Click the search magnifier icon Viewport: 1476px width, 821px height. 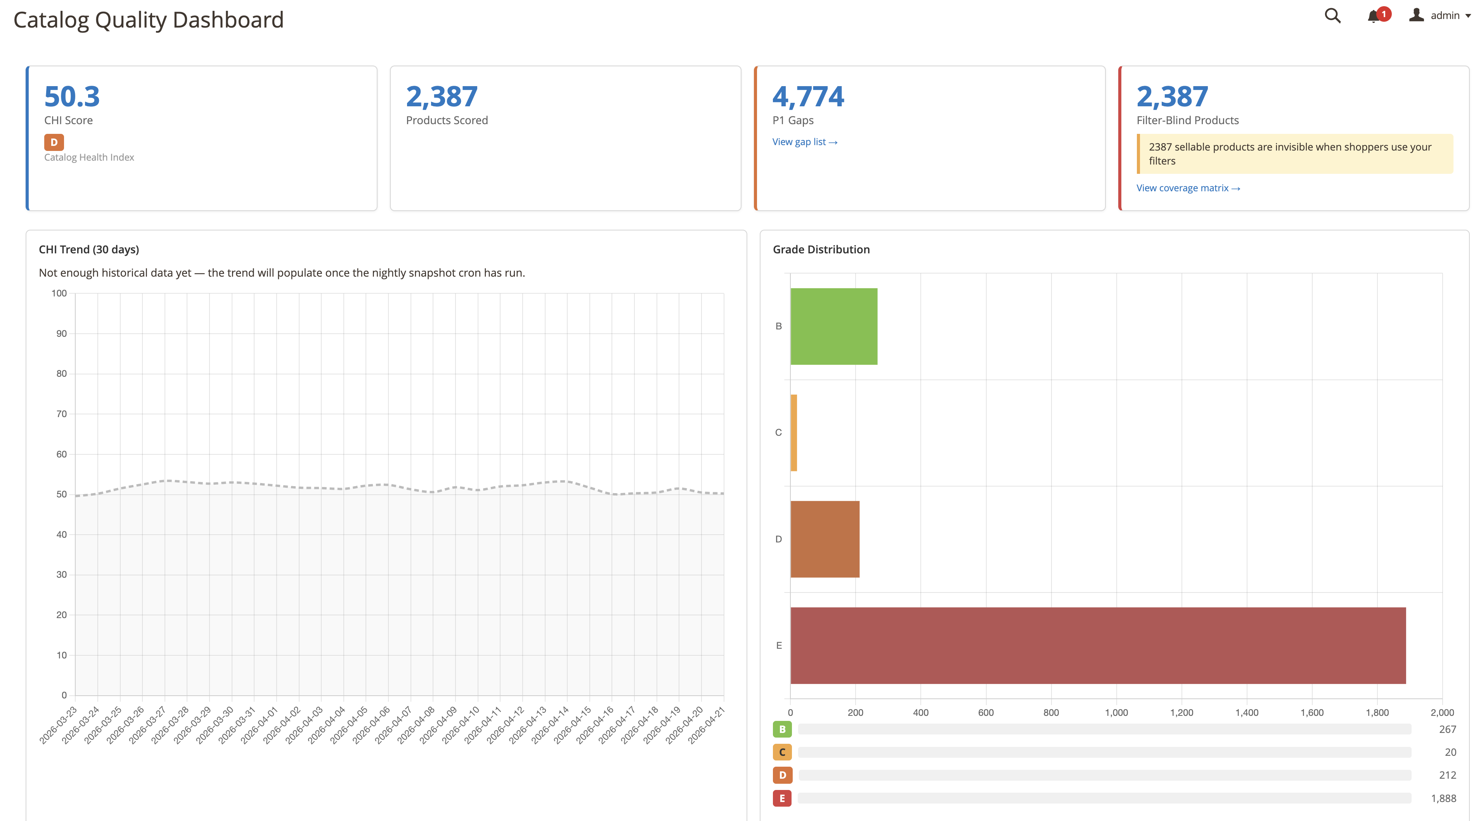pyautogui.click(x=1332, y=16)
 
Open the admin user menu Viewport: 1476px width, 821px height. pyautogui.click(x=1439, y=16)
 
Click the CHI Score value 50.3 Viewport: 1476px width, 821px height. pyautogui.click(x=72, y=96)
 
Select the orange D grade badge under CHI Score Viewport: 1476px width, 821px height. pyautogui.click(x=54, y=142)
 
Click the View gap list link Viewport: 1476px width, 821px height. pyautogui.click(x=804, y=142)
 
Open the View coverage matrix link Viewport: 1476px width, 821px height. pyautogui.click(x=1188, y=188)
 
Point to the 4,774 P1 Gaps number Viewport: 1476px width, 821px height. pyautogui.click(x=808, y=96)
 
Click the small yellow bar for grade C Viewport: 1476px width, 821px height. pyautogui.click(x=793, y=433)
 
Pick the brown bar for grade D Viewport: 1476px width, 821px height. pyautogui.click(x=825, y=539)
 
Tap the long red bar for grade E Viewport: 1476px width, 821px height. pyautogui.click(x=1097, y=645)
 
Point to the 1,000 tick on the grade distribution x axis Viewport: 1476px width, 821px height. pyautogui.click(x=1116, y=713)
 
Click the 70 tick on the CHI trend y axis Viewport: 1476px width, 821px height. pyautogui.click(x=61, y=414)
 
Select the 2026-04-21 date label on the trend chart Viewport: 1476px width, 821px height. pyautogui.click(x=707, y=725)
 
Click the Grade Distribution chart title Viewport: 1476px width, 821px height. pyautogui.click(x=821, y=249)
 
